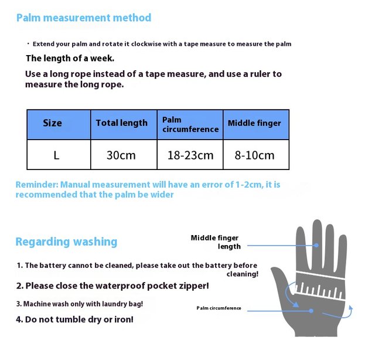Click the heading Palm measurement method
[x=83, y=18]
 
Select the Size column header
[x=52, y=123]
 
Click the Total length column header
[x=122, y=123]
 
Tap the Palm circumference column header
[x=190, y=124]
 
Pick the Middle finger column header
[x=254, y=123]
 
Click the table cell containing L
[x=56, y=155]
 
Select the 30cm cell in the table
[x=121, y=155]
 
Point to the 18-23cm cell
[x=190, y=155]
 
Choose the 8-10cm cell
[x=255, y=155]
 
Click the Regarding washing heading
[x=66, y=242]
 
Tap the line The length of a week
[x=70, y=58]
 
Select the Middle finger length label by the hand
[x=216, y=242]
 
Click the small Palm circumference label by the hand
[x=219, y=308]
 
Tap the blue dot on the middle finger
[x=316, y=245]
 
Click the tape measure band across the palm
[x=319, y=284]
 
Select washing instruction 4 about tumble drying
[x=74, y=320]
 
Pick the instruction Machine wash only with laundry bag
[x=79, y=304]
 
